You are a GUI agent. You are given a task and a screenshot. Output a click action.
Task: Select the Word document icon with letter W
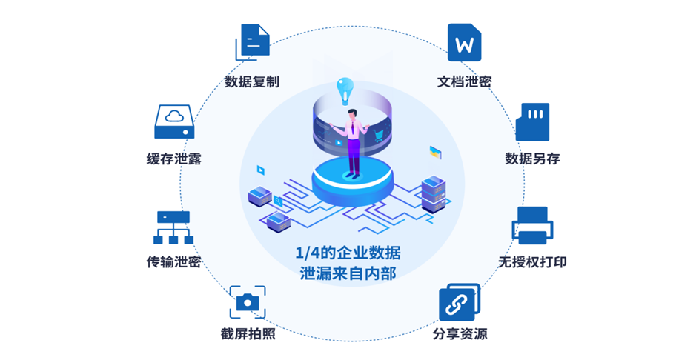pos(464,43)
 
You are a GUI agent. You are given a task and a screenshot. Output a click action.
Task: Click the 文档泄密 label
pos(464,81)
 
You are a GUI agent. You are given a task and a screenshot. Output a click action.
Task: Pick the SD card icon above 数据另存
pos(532,122)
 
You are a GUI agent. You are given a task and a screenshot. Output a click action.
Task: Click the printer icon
pos(532,226)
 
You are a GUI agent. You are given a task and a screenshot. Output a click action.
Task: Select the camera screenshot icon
pos(247,301)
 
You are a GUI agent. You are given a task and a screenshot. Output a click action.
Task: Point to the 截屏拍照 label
pos(248,334)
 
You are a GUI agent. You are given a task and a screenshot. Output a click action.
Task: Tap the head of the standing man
pos(354,114)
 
